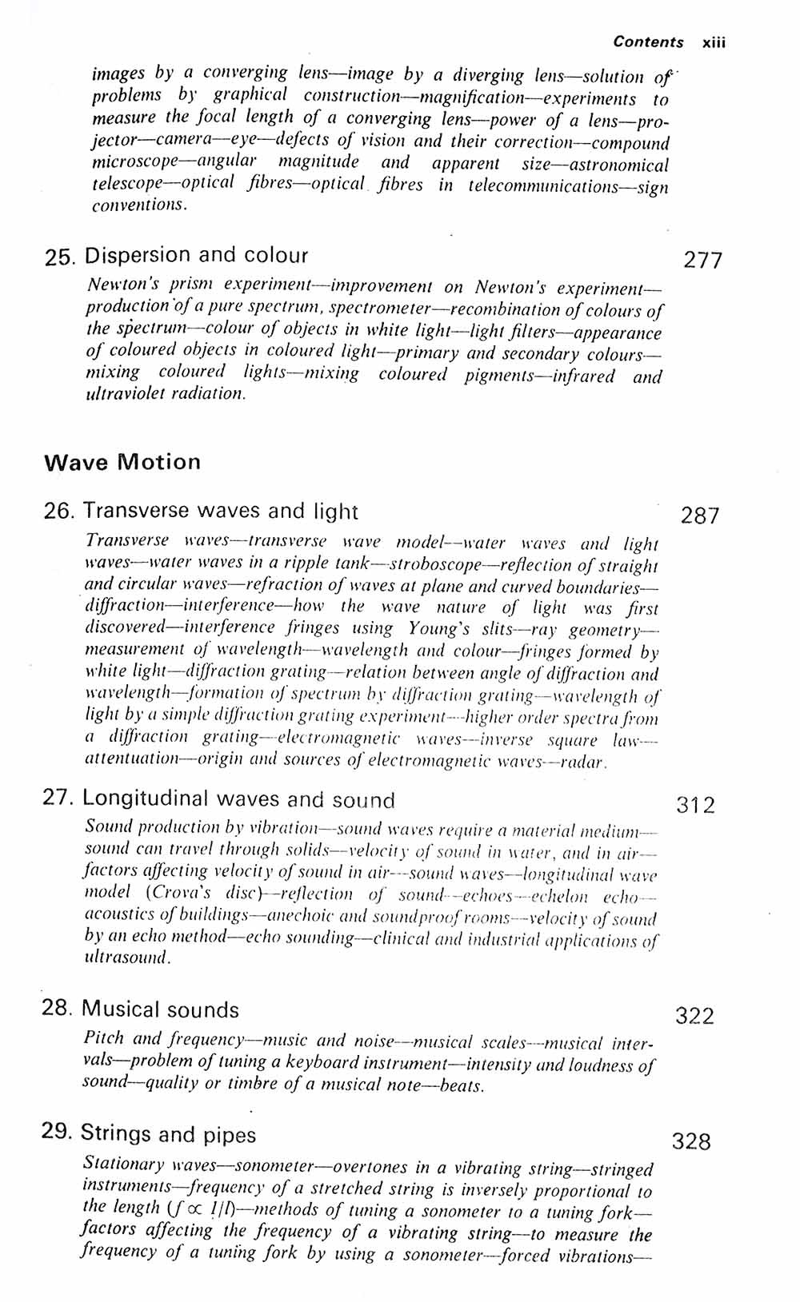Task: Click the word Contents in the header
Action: coord(648,42)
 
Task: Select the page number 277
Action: coord(702,261)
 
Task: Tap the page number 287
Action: coord(700,516)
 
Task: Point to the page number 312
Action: coord(696,805)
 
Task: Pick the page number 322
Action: coord(694,1016)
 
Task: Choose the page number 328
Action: coord(691,1141)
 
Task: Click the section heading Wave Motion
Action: coord(122,462)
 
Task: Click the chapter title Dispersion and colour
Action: coord(196,256)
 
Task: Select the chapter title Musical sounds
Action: coord(160,1009)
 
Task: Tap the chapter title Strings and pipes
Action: coord(168,1134)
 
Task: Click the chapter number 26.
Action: coord(59,511)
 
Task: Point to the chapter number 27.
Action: coord(58,798)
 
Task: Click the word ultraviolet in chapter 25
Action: coord(126,393)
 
